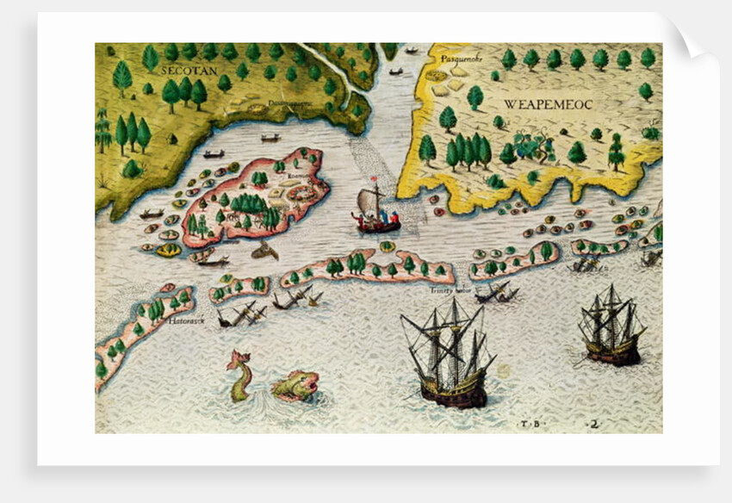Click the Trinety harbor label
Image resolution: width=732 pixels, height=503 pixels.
[x=449, y=291]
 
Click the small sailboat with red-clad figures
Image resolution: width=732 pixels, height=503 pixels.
[x=378, y=221]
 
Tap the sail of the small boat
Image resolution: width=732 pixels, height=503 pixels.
[x=368, y=203]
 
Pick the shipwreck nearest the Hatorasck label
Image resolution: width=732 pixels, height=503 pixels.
[x=239, y=314]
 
